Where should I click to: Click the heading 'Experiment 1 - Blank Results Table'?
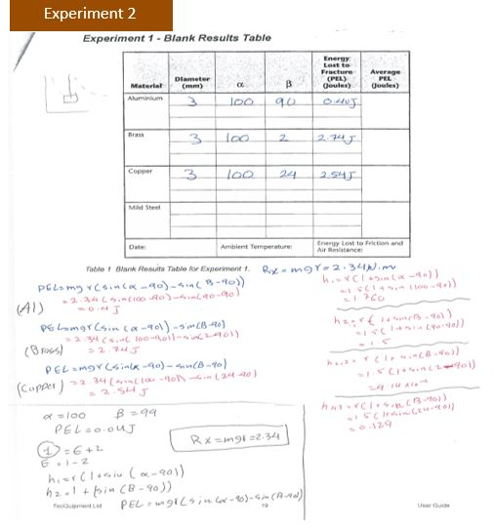coord(177,38)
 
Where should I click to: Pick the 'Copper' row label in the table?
coord(137,170)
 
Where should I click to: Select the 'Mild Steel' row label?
coord(142,207)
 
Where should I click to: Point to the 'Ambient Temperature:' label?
coord(239,244)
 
